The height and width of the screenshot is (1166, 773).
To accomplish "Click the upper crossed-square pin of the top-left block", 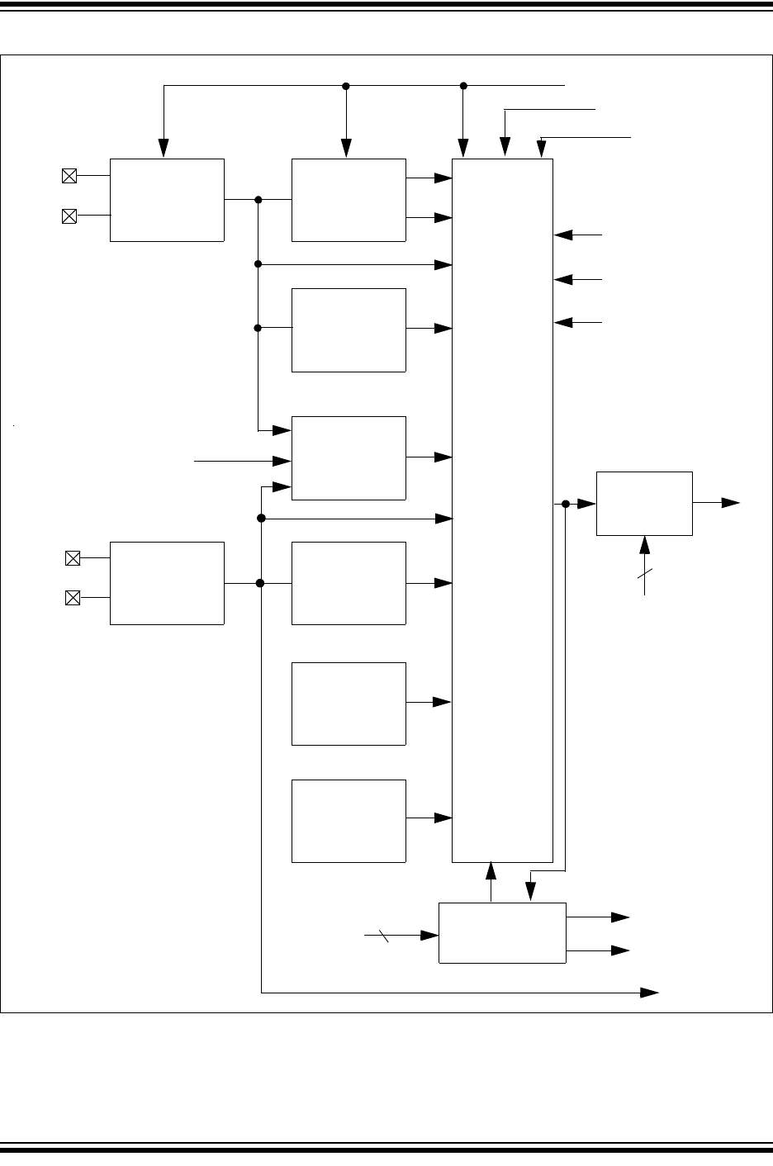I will (69, 176).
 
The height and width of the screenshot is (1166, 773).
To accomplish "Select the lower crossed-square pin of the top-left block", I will (69, 216).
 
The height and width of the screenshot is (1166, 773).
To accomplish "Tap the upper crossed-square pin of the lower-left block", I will (73, 558).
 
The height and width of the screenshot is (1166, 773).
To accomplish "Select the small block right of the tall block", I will (644, 503).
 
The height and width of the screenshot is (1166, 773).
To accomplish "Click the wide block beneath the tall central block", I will (502, 932).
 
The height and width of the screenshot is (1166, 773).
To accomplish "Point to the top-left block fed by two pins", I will (167, 200).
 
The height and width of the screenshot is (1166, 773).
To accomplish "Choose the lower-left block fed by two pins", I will (167, 583).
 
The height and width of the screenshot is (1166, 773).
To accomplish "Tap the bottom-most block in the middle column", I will (349, 821).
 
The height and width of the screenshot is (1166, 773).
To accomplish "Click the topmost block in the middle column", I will (349, 200).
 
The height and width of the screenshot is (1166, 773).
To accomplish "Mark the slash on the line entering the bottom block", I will (384, 936).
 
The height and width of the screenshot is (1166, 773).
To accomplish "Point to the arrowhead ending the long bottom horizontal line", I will (651, 992).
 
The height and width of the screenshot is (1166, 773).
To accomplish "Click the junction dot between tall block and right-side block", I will (566, 504).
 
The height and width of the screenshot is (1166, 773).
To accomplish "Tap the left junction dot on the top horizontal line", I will (346, 86).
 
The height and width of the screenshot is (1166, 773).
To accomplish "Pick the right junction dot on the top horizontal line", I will (463, 86).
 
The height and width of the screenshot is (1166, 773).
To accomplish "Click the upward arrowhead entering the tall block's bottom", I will (491, 870).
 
